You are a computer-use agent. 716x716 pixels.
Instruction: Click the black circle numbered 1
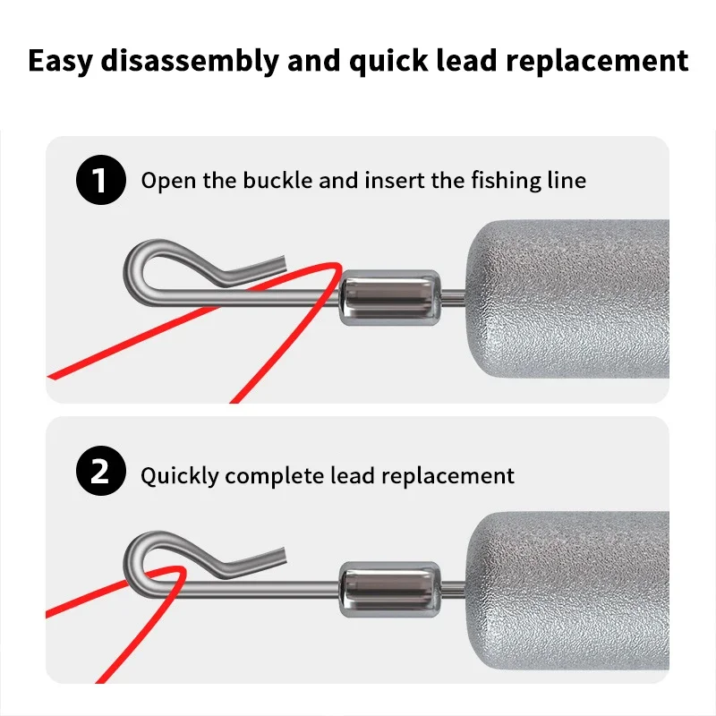(x=101, y=180)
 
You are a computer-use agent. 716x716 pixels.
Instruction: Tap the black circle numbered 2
(x=101, y=471)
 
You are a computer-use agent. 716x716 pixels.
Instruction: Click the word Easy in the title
(x=60, y=62)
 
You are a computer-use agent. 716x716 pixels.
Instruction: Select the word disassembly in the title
(x=190, y=61)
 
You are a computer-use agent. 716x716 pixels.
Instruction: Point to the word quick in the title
(x=388, y=62)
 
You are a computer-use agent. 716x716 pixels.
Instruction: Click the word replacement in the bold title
(x=597, y=61)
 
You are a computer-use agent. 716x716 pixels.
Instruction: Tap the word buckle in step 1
(x=277, y=180)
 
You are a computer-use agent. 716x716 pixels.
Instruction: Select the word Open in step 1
(x=168, y=182)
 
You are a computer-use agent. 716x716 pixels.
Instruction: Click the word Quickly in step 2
(x=180, y=477)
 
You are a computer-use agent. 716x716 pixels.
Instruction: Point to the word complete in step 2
(x=275, y=477)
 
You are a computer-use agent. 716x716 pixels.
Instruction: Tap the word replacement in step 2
(x=448, y=477)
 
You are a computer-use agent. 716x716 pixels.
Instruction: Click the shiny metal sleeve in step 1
(x=390, y=297)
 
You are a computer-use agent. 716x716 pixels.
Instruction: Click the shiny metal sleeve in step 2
(x=390, y=589)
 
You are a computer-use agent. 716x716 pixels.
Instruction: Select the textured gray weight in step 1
(x=567, y=299)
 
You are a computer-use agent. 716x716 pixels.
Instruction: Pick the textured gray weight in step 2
(x=567, y=591)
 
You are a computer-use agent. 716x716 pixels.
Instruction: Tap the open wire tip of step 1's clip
(x=283, y=263)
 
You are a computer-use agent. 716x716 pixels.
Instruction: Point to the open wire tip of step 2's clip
(x=283, y=555)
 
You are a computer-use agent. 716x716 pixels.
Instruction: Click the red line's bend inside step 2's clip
(x=182, y=570)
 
